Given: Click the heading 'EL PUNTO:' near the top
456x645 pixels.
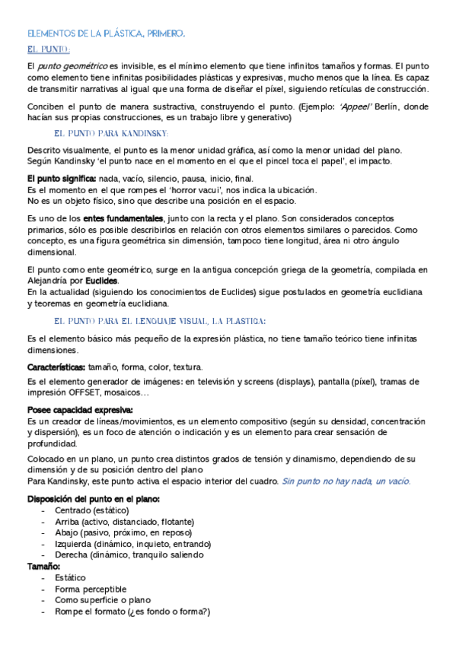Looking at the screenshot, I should tap(48, 50).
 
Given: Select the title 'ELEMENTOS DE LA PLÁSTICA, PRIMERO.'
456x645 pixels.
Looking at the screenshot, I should tap(106, 34).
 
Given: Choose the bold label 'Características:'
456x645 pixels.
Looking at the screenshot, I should tap(56, 367).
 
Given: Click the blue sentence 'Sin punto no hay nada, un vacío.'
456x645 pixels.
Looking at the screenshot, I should tap(346, 481).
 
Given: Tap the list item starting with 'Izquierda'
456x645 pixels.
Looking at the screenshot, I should tap(128, 544).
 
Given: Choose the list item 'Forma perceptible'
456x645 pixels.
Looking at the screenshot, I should tap(91, 589).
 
